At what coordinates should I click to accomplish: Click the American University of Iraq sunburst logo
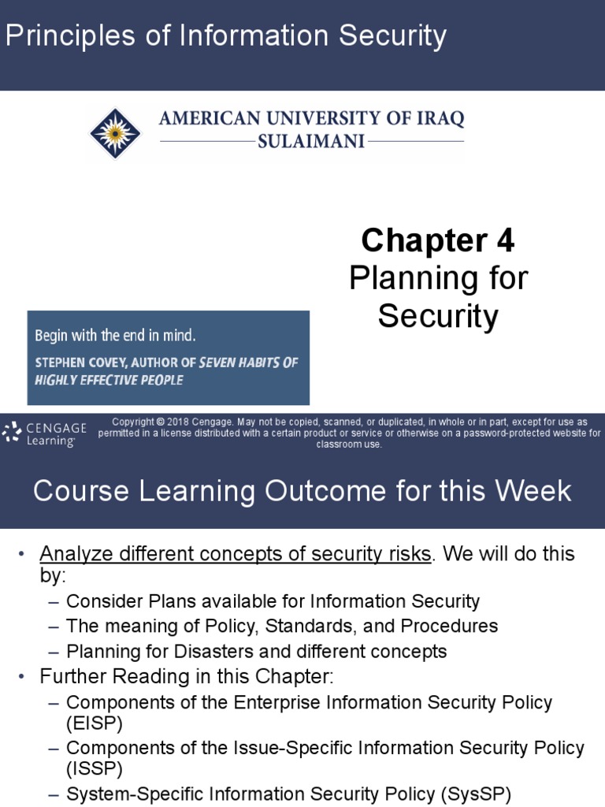tap(114, 132)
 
